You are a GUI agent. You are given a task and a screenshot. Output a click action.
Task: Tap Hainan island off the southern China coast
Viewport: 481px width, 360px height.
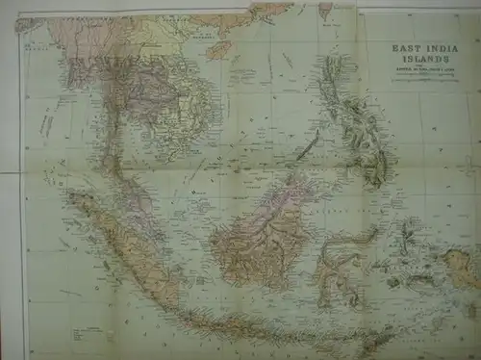218,48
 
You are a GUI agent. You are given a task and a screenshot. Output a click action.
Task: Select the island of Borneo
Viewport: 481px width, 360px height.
260,231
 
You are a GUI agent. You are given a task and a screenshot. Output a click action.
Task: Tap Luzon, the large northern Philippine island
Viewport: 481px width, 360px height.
337,82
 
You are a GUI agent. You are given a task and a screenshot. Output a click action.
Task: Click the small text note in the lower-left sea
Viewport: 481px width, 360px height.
72,289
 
